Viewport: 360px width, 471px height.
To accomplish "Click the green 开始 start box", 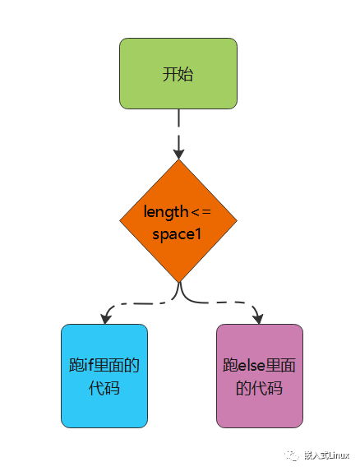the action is (x=178, y=73).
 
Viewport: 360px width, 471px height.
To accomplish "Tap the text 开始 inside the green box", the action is (x=178, y=74).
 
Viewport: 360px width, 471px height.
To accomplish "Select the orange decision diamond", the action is (x=178, y=221).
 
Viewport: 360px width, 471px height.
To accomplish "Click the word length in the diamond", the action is (x=166, y=212).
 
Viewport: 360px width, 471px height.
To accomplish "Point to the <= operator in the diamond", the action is (x=201, y=212).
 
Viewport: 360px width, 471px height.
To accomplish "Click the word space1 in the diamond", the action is (x=177, y=234).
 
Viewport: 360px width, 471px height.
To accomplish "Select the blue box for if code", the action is (x=104, y=376).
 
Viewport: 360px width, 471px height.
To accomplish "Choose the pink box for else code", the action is (x=260, y=376).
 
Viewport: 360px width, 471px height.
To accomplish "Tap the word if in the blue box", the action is (x=89, y=365).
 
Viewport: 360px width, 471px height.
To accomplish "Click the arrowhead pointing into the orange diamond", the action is (x=178, y=154).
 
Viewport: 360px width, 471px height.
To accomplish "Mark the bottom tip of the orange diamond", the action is (x=178, y=283).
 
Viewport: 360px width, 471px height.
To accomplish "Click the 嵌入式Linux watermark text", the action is (x=326, y=455).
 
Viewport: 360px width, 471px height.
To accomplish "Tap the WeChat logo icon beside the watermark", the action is (x=292, y=455).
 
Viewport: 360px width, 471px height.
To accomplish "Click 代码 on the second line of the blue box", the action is (x=104, y=388).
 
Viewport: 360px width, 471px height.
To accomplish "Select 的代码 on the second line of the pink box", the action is (x=259, y=388).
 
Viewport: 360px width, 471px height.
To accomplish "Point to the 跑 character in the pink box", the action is (x=230, y=365).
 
